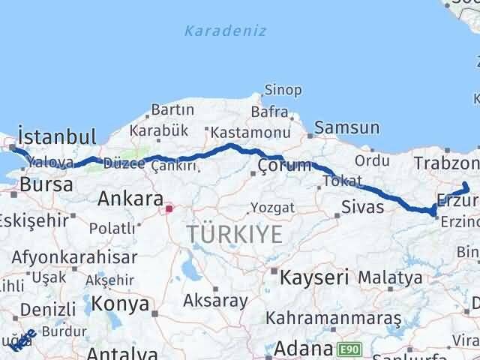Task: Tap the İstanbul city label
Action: pyautogui.click(x=57, y=137)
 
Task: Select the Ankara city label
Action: pyautogui.click(x=130, y=199)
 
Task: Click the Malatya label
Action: pyautogui.click(x=390, y=277)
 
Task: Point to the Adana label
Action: pyautogui.click(x=303, y=349)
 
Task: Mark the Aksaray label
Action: pyautogui.click(x=215, y=301)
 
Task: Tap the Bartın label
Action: pyautogui.click(x=172, y=110)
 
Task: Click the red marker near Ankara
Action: pyautogui.click(x=169, y=208)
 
